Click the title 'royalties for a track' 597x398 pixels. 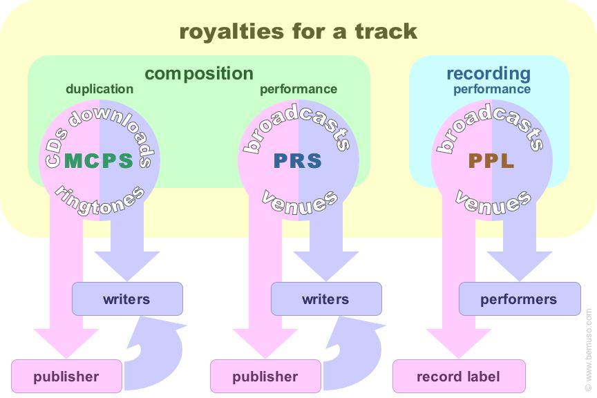point(298,31)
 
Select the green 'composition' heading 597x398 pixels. point(199,73)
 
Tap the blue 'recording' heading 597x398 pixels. point(489,73)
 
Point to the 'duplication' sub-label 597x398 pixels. point(99,89)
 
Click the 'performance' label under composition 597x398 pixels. point(298,89)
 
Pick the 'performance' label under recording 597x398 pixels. point(492,89)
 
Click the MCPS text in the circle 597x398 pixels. point(99,161)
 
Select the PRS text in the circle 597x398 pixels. point(298,161)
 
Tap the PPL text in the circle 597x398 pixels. point(491,161)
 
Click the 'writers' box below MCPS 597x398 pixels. point(127,299)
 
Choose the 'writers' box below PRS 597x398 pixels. point(325,299)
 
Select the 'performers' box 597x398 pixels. point(519,299)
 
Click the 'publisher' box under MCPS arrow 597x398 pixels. point(66,377)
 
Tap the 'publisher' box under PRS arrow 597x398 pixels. point(265,377)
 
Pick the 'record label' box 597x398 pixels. point(459,377)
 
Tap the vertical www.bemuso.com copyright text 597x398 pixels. point(589,352)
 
